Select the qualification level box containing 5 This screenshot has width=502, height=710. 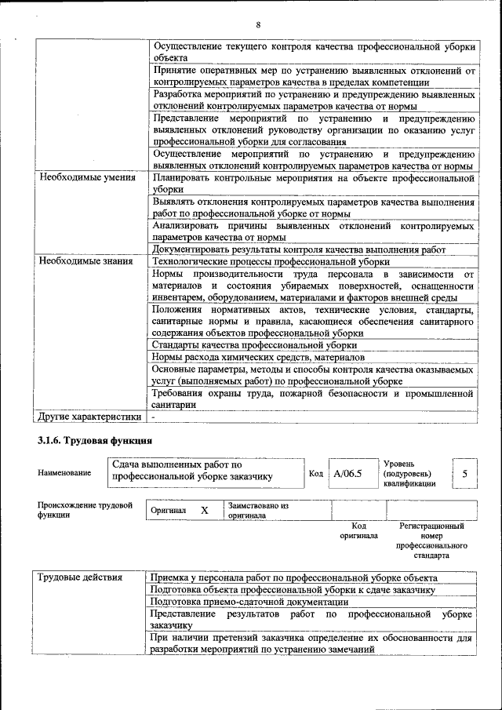[x=465, y=473]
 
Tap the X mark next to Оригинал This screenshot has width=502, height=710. [x=204, y=510]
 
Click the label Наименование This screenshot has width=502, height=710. [x=64, y=473]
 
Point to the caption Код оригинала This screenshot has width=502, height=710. [x=358, y=530]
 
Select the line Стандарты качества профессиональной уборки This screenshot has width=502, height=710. [x=255, y=344]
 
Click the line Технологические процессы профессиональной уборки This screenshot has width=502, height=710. [x=271, y=261]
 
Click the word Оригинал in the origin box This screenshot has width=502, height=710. [x=169, y=511]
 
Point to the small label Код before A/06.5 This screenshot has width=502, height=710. [x=316, y=473]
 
